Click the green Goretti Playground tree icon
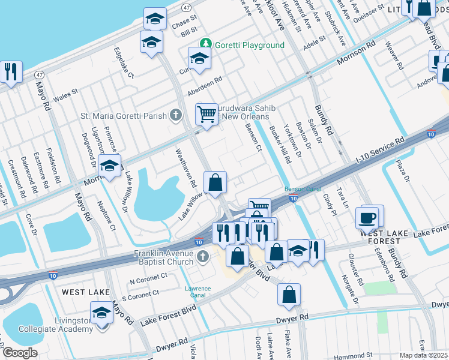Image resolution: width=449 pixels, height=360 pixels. point(206,44)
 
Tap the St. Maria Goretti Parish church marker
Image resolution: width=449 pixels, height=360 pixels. point(175,115)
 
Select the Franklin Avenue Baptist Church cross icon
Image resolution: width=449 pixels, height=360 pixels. point(202,257)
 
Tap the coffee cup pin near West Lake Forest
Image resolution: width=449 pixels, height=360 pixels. point(367,217)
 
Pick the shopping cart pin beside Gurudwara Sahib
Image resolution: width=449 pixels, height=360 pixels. point(206,113)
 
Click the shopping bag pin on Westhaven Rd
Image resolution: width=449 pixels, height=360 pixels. point(215,182)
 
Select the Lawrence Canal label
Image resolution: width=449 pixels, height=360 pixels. point(197,292)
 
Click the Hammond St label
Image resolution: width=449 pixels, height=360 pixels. point(369,355)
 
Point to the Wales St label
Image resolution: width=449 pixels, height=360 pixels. point(66,94)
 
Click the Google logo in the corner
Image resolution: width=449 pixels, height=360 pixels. point(19,353)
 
